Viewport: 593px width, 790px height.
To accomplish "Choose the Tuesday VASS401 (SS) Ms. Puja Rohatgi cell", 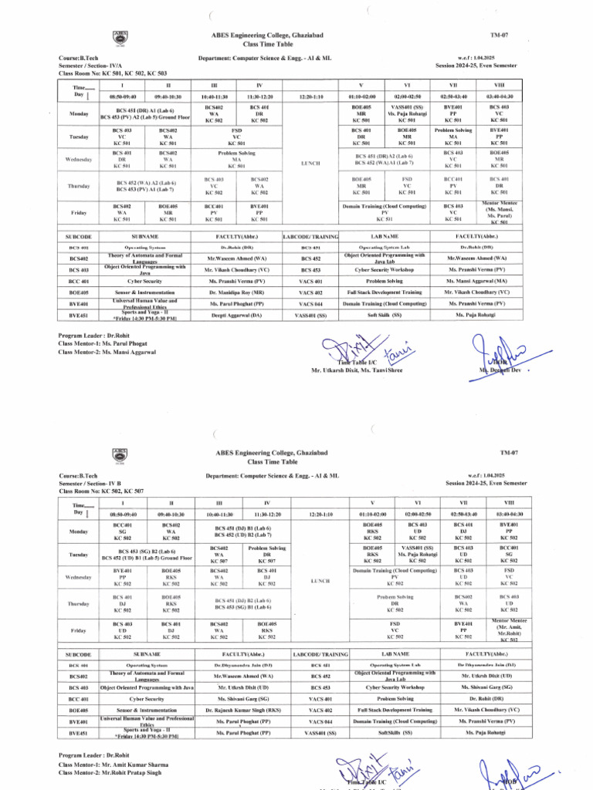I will [406, 555].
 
